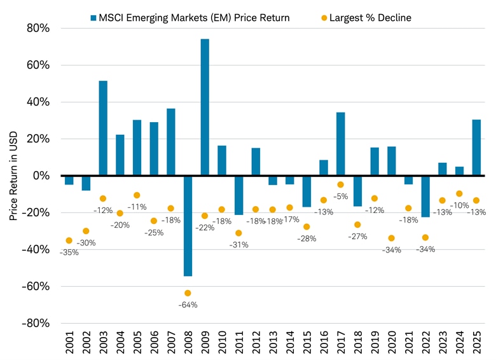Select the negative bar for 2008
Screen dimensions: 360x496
188,225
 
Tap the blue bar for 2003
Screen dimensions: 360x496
103,128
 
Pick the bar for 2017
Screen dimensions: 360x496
340,144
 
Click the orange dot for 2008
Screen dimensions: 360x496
188,293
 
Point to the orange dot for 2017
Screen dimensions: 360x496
341,185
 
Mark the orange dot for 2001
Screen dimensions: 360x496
69,240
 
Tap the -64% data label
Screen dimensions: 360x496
188,305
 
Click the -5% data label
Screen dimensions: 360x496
340,197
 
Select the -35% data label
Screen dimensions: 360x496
69,253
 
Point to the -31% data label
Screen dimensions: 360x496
238,245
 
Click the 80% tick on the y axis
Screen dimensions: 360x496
39,29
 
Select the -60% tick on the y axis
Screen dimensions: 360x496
36,286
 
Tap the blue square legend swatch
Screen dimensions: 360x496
93,18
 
